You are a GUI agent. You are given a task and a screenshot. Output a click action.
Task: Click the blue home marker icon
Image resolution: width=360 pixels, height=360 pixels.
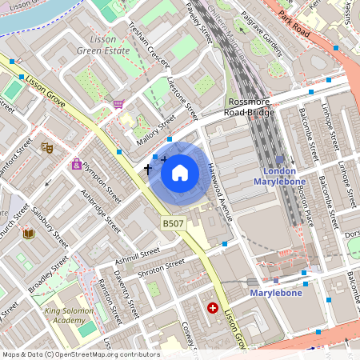(180, 173)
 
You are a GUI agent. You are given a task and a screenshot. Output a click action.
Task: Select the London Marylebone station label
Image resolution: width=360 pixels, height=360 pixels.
(274, 177)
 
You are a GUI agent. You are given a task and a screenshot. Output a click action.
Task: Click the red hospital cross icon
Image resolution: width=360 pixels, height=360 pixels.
(213, 307)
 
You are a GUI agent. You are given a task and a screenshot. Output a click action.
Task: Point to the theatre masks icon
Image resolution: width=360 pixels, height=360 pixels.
(47, 147)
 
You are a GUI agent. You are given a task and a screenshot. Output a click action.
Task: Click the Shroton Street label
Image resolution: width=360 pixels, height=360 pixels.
(162, 266)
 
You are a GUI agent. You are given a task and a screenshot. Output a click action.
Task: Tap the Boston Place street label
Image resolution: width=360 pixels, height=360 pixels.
(301, 204)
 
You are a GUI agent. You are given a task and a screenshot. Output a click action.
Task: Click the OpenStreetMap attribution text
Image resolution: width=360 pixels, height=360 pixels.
(80, 354)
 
